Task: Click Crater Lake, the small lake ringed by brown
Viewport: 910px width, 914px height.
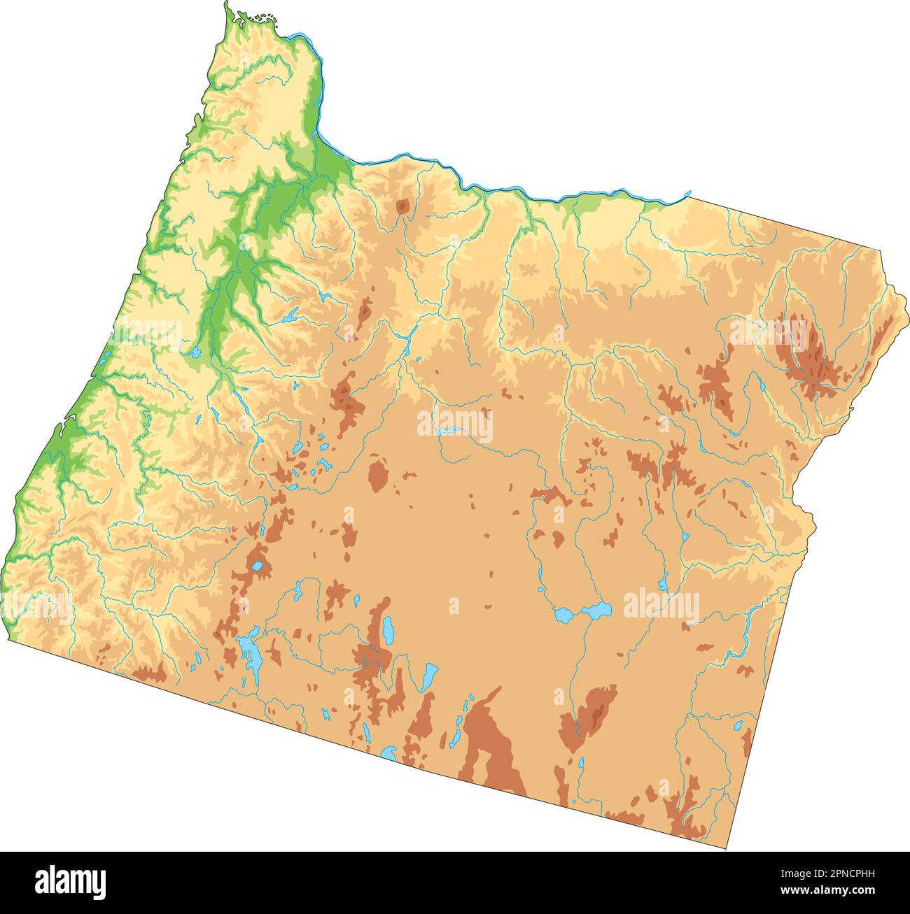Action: tap(258, 566)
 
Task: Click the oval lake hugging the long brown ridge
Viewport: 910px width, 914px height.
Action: tap(387, 631)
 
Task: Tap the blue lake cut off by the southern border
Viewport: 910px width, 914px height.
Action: tap(389, 754)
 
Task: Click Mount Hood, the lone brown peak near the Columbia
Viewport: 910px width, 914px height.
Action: tap(402, 206)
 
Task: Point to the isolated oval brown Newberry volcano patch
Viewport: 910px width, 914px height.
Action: tap(377, 476)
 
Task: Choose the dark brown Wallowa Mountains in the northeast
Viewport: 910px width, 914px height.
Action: tap(805, 350)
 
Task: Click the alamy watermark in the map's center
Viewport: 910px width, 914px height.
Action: tap(455, 425)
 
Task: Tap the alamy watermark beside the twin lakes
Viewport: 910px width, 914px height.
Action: tap(661, 606)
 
